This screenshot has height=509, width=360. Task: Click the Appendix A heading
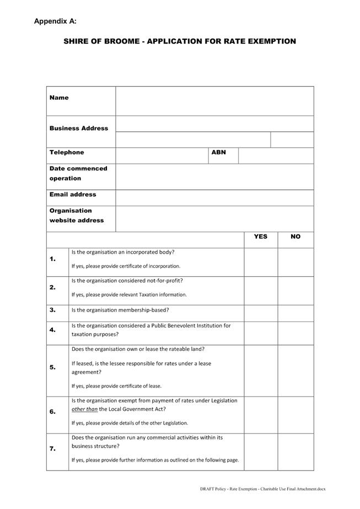coord(55,22)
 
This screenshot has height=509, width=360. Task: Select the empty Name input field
coord(214,101)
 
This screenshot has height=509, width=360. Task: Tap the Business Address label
coord(79,128)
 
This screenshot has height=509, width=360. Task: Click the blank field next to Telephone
coord(162,156)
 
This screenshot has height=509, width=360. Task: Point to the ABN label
coord(219,153)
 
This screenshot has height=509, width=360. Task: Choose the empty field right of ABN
coord(276,156)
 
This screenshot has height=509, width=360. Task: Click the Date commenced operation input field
coord(214,176)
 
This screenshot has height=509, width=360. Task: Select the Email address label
coord(73,195)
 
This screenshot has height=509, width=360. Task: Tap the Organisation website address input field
coord(214,218)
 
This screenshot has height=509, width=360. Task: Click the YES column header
coord(261,237)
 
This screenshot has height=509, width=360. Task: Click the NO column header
coord(295,237)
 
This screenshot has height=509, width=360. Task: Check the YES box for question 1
coord(261,262)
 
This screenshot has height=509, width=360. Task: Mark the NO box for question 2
coord(295,291)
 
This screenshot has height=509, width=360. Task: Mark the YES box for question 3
coord(261,313)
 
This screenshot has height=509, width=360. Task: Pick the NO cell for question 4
coord(295,333)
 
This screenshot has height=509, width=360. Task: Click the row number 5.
coord(53,368)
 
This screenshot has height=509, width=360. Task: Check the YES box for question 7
coord(261,452)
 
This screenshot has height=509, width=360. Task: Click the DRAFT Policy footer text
coord(262,489)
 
